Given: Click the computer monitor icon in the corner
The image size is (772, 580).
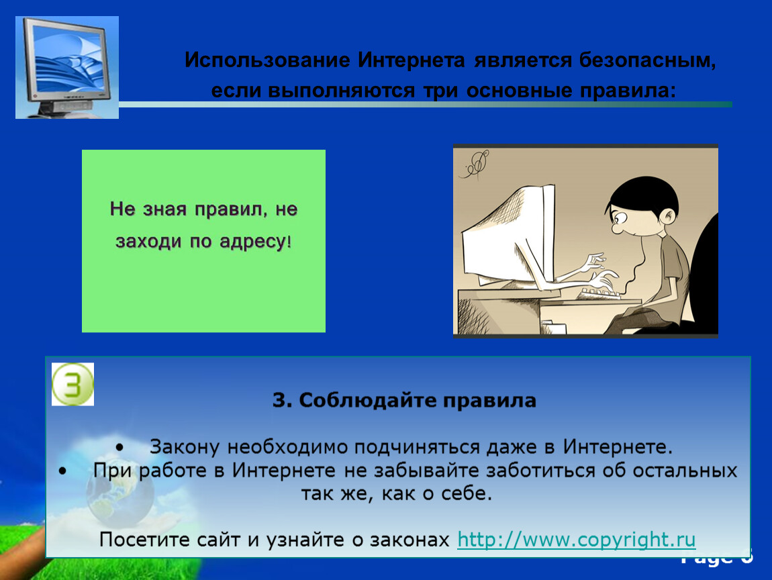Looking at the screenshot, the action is pos(67,67).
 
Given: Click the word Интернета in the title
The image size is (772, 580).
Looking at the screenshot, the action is pos(411,60).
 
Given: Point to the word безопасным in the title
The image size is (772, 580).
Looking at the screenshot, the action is pos(647,60).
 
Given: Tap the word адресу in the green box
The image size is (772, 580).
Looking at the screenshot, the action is pos(253,242).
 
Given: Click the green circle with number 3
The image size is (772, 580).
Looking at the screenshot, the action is pos(73,384).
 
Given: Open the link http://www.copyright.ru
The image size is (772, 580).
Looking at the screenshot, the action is pos(576,540).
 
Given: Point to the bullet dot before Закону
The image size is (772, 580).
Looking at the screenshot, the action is pos(119,448).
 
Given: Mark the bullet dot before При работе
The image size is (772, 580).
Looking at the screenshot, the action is pos(62,471).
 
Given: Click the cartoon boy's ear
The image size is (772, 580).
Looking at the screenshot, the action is pos(668,216).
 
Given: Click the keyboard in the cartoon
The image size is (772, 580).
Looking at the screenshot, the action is pos(601,293).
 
